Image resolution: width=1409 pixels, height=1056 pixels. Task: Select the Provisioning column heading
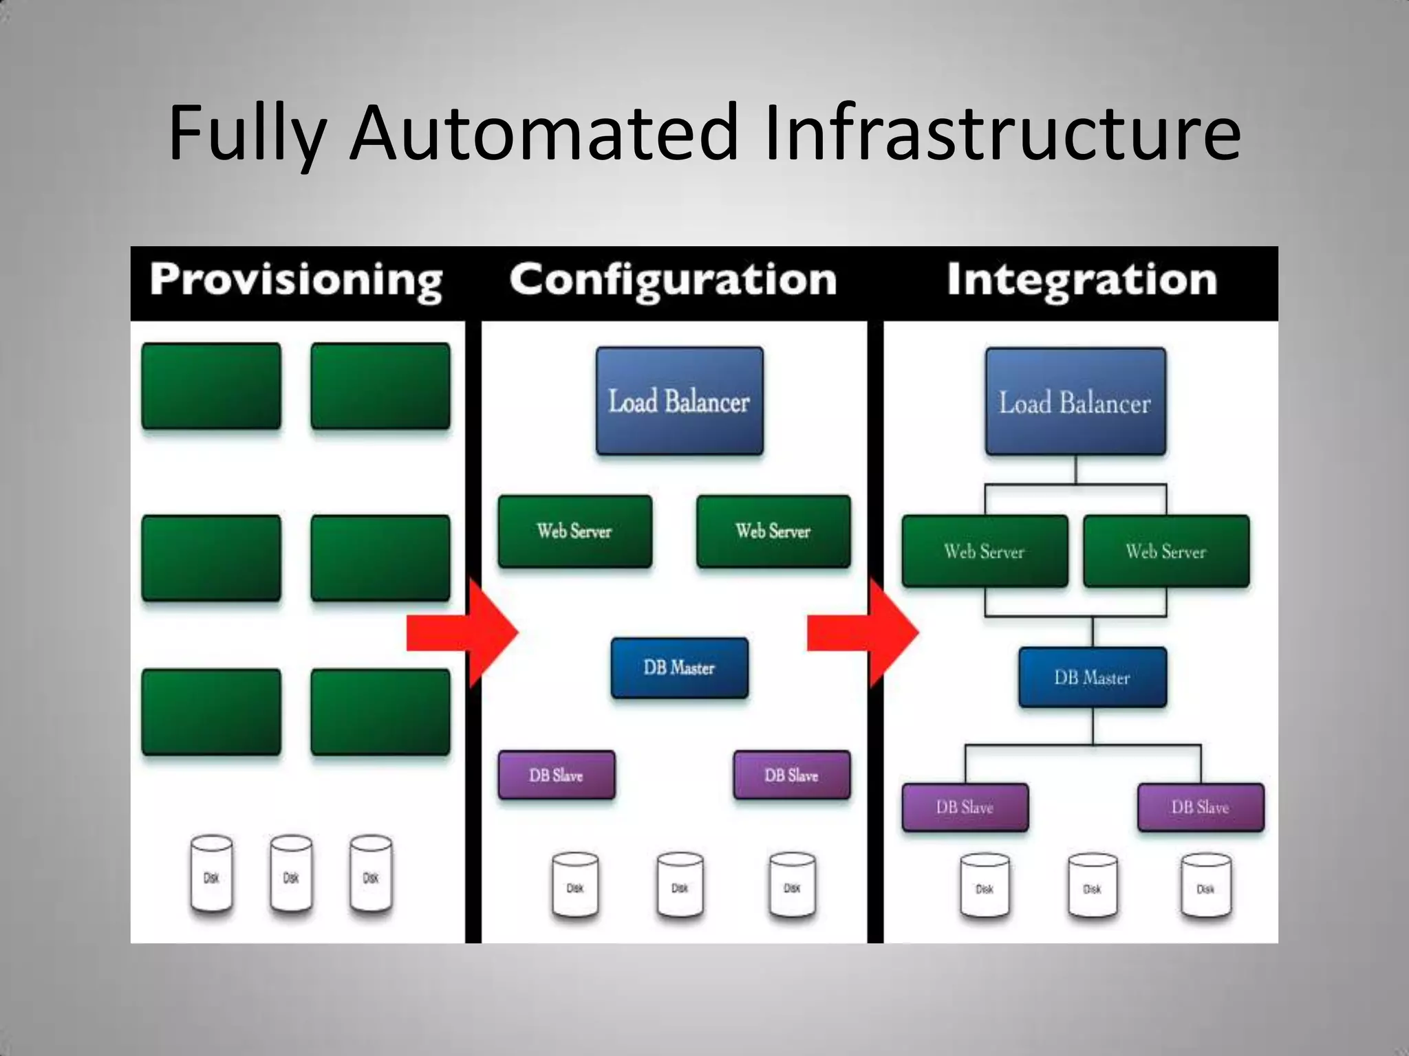tap(296, 280)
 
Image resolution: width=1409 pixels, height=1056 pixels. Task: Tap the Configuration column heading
tap(673, 280)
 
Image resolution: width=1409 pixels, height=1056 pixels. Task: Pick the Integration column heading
tap(1082, 280)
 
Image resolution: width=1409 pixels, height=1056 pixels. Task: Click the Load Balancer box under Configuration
tap(680, 401)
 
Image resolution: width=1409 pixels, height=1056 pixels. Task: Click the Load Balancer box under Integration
tap(1075, 401)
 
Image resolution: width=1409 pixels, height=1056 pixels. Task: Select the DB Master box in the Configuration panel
tap(679, 668)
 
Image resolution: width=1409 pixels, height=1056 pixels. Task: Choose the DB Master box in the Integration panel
tap(1093, 677)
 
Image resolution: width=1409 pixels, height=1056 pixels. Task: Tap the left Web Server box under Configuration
tap(574, 531)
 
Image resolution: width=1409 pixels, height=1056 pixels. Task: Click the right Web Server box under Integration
tap(1166, 551)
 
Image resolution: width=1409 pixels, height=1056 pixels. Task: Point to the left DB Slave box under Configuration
tap(556, 775)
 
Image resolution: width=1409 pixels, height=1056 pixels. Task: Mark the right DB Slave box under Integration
tap(1201, 807)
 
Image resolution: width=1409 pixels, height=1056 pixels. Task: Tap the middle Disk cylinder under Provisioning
tap(291, 874)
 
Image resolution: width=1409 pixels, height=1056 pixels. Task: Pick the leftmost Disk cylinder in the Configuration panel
tap(575, 885)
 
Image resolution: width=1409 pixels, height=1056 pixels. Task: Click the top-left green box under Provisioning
tap(211, 386)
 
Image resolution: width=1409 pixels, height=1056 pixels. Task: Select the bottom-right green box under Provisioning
tap(380, 712)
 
